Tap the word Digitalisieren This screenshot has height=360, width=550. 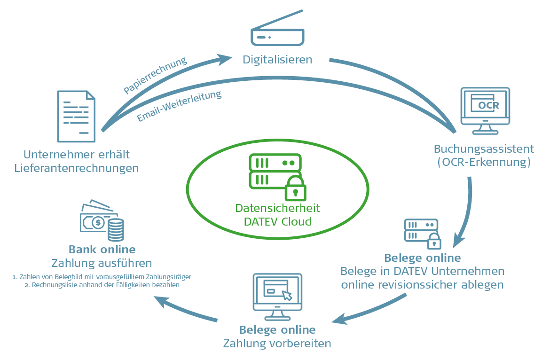pyautogui.click(x=277, y=60)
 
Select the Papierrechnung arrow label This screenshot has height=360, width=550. pyautogui.click(x=155, y=76)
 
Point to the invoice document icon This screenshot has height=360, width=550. pyautogui.click(x=76, y=116)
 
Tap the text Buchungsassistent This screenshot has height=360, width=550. pyautogui.click(x=484, y=149)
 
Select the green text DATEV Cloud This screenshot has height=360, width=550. pyautogui.click(x=277, y=221)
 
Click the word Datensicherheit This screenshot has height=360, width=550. pyautogui.click(x=277, y=208)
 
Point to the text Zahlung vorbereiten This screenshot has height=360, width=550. pyautogui.click(x=277, y=343)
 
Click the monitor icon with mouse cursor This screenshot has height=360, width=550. pyautogui.click(x=277, y=293)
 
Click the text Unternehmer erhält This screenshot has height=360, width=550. pyautogui.click(x=77, y=154)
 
